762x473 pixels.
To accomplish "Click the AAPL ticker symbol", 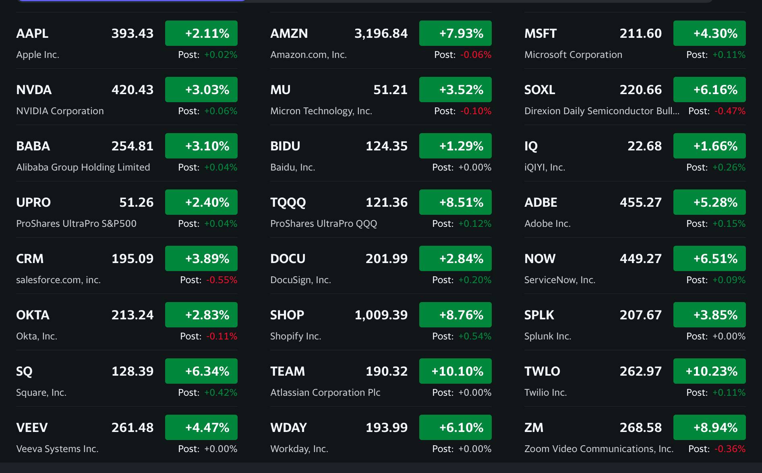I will coord(32,33).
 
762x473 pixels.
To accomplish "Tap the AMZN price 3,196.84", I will coord(381,33).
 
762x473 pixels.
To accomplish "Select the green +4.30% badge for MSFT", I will coord(709,33).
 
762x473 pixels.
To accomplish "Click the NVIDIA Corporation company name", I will coord(60,111).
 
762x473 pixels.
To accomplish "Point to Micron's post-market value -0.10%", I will coord(476,111).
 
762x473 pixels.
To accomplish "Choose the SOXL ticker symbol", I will coord(540,90).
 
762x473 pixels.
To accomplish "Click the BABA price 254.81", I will coord(133,146).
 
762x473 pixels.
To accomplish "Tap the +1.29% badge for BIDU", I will coord(455,146).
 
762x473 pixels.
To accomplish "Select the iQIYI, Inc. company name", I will coord(545,167).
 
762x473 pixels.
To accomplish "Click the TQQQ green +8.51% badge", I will coord(455,202).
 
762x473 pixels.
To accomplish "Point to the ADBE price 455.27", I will coord(640,202).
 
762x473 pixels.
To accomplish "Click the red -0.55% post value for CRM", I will coord(222,280).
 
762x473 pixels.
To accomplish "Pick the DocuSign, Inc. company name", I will coord(300,280).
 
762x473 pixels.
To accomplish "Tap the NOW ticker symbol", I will coord(540,259).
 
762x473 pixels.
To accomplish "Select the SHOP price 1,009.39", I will coord(381,315).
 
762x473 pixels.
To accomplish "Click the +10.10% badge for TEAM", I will coord(455,371).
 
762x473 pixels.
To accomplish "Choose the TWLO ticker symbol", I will coord(542,371).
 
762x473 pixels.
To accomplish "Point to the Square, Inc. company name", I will coord(41,393).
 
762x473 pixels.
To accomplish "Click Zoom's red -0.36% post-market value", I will coord(730,449).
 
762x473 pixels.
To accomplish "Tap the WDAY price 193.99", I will coord(386,428).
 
